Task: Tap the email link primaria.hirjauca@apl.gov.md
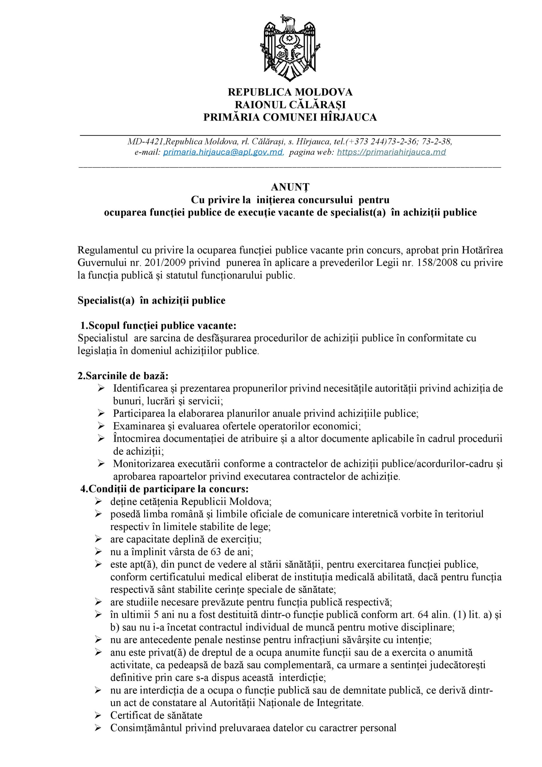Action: point(223,152)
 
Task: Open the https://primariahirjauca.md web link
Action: point(391,152)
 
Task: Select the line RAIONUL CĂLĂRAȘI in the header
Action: point(290,105)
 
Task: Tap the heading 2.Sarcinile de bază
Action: point(123,376)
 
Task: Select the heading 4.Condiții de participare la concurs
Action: point(164,489)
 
